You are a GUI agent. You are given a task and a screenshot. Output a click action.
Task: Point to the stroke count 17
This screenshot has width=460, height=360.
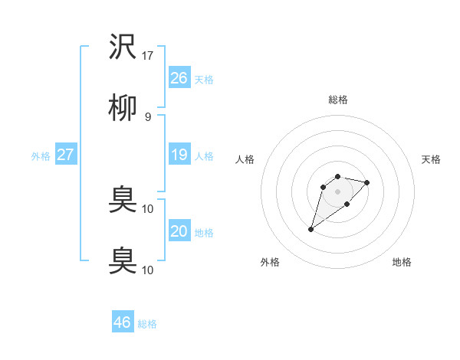tap(148, 56)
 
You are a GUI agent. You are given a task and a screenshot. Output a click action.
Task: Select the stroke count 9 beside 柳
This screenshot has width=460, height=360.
tap(148, 116)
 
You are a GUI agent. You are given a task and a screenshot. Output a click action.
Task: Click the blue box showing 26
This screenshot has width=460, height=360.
tap(179, 77)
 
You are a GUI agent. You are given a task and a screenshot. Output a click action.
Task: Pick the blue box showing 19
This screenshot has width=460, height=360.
tap(179, 155)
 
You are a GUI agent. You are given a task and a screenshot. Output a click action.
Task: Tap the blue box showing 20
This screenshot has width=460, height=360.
tap(179, 231)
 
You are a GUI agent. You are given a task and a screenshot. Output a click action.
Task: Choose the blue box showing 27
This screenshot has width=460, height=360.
tap(65, 155)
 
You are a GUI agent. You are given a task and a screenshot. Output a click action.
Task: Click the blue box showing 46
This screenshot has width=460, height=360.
tap(122, 322)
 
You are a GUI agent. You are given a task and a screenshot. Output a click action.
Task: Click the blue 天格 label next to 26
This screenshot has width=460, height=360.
tap(204, 79)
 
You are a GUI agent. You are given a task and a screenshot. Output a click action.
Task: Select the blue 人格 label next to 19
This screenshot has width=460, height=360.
tap(204, 156)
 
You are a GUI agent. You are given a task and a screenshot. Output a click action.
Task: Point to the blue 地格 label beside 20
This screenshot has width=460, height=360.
tap(204, 233)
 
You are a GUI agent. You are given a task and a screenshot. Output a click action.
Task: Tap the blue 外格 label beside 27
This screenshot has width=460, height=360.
tap(41, 156)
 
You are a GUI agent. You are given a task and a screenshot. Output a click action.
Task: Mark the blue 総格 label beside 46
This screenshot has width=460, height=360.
tap(147, 324)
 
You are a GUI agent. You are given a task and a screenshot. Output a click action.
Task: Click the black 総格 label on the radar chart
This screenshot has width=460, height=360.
tap(338, 100)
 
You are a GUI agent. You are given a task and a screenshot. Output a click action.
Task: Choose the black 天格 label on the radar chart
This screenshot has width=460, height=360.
tap(432, 159)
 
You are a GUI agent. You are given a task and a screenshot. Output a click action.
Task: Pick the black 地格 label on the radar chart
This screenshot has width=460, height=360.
tap(402, 262)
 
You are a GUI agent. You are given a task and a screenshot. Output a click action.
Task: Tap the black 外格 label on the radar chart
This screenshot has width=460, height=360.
tap(270, 262)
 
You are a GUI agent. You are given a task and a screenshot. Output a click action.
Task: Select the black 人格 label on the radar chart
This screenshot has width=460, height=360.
tap(245, 159)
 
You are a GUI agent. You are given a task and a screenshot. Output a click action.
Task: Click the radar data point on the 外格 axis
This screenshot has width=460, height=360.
tap(310, 229)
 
